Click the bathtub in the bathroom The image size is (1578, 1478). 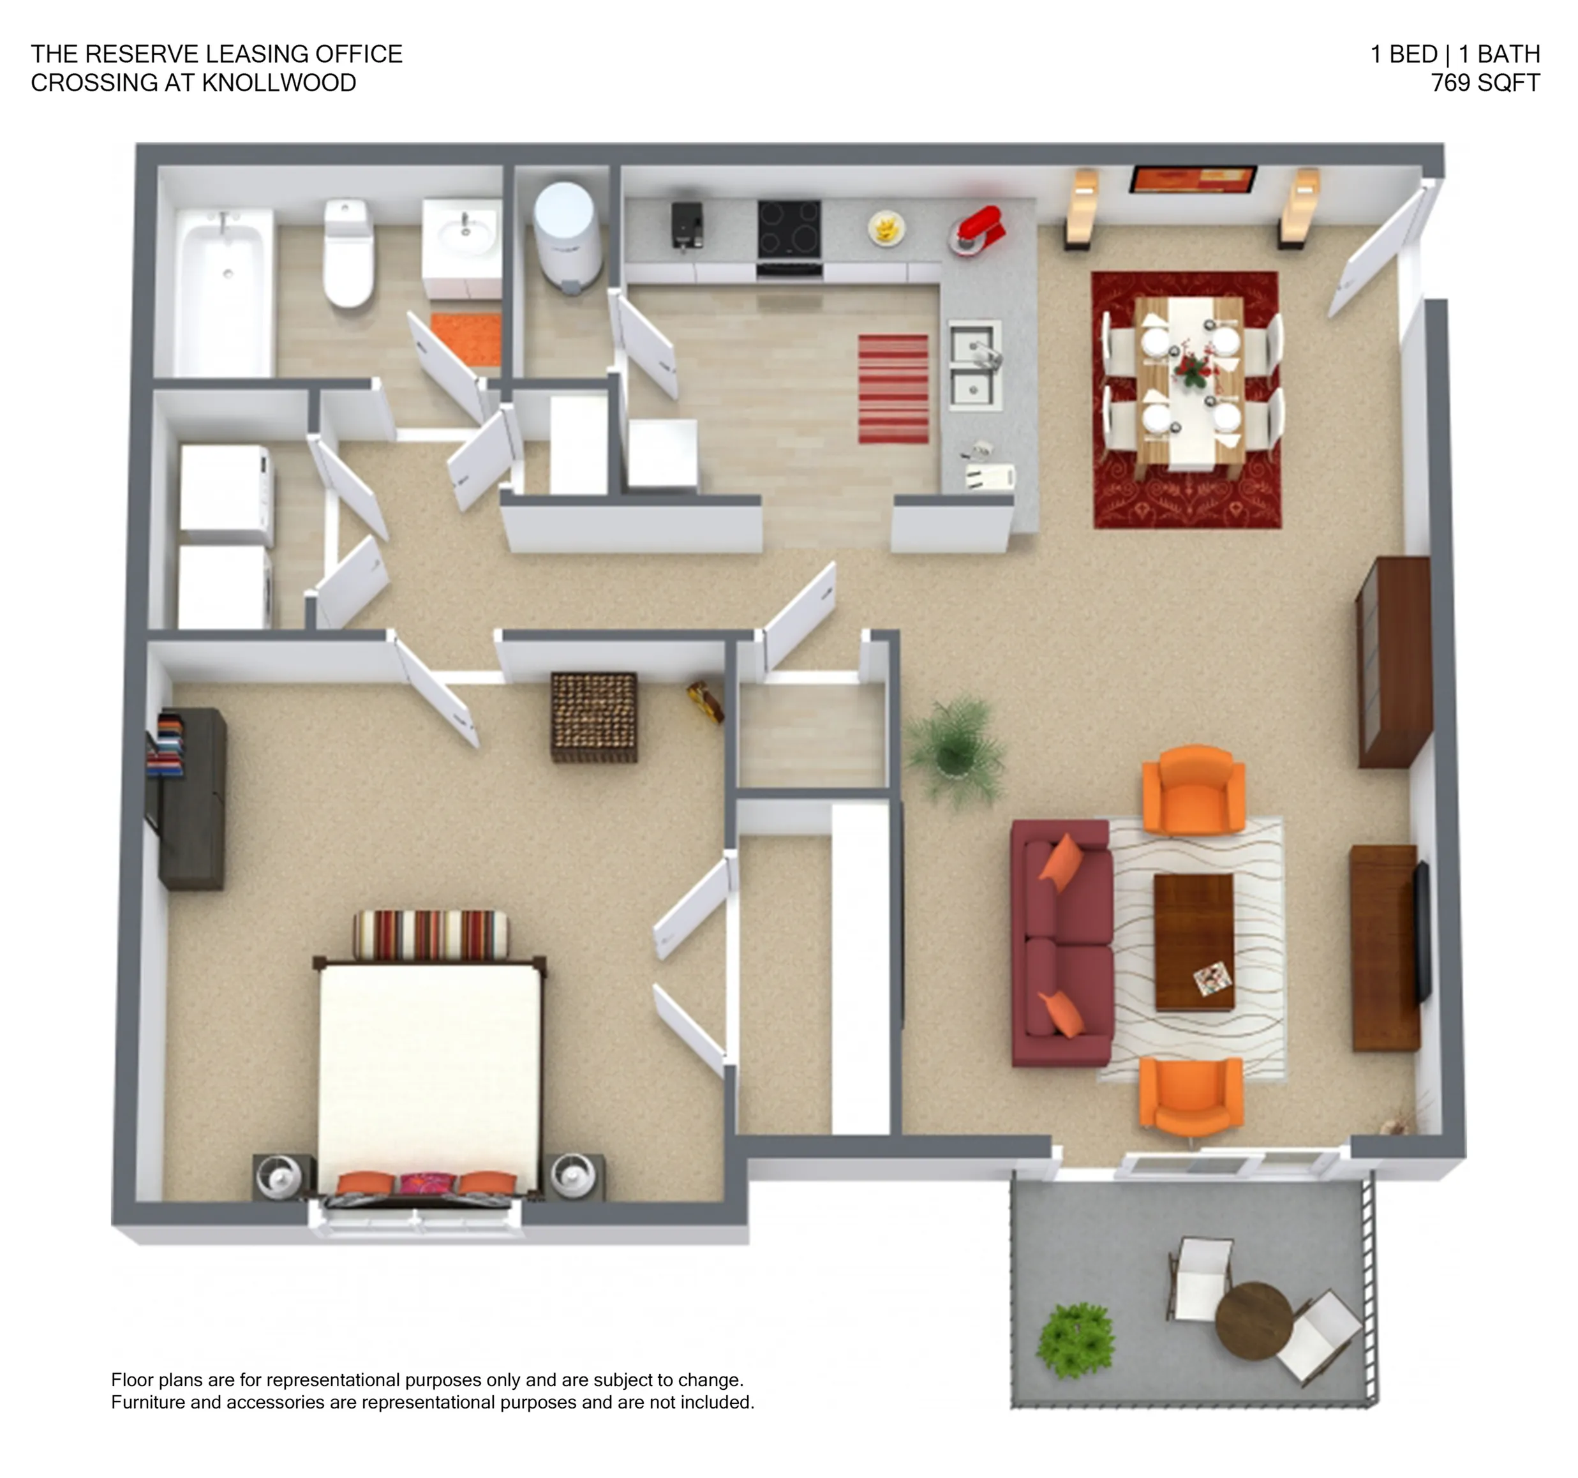[223, 292]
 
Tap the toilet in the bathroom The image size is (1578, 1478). [348, 253]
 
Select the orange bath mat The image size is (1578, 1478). [466, 339]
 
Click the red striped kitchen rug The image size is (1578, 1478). [893, 389]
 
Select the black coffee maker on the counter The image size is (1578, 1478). [687, 225]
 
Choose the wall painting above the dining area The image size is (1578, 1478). [1193, 179]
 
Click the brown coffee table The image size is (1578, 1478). [1194, 942]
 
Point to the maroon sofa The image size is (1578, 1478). [1062, 943]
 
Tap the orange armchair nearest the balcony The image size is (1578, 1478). [1191, 1098]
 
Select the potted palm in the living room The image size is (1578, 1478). [955, 750]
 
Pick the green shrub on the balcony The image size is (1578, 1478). [1076, 1340]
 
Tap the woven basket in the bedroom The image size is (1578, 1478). [593, 717]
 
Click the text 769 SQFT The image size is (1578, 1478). [1485, 82]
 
